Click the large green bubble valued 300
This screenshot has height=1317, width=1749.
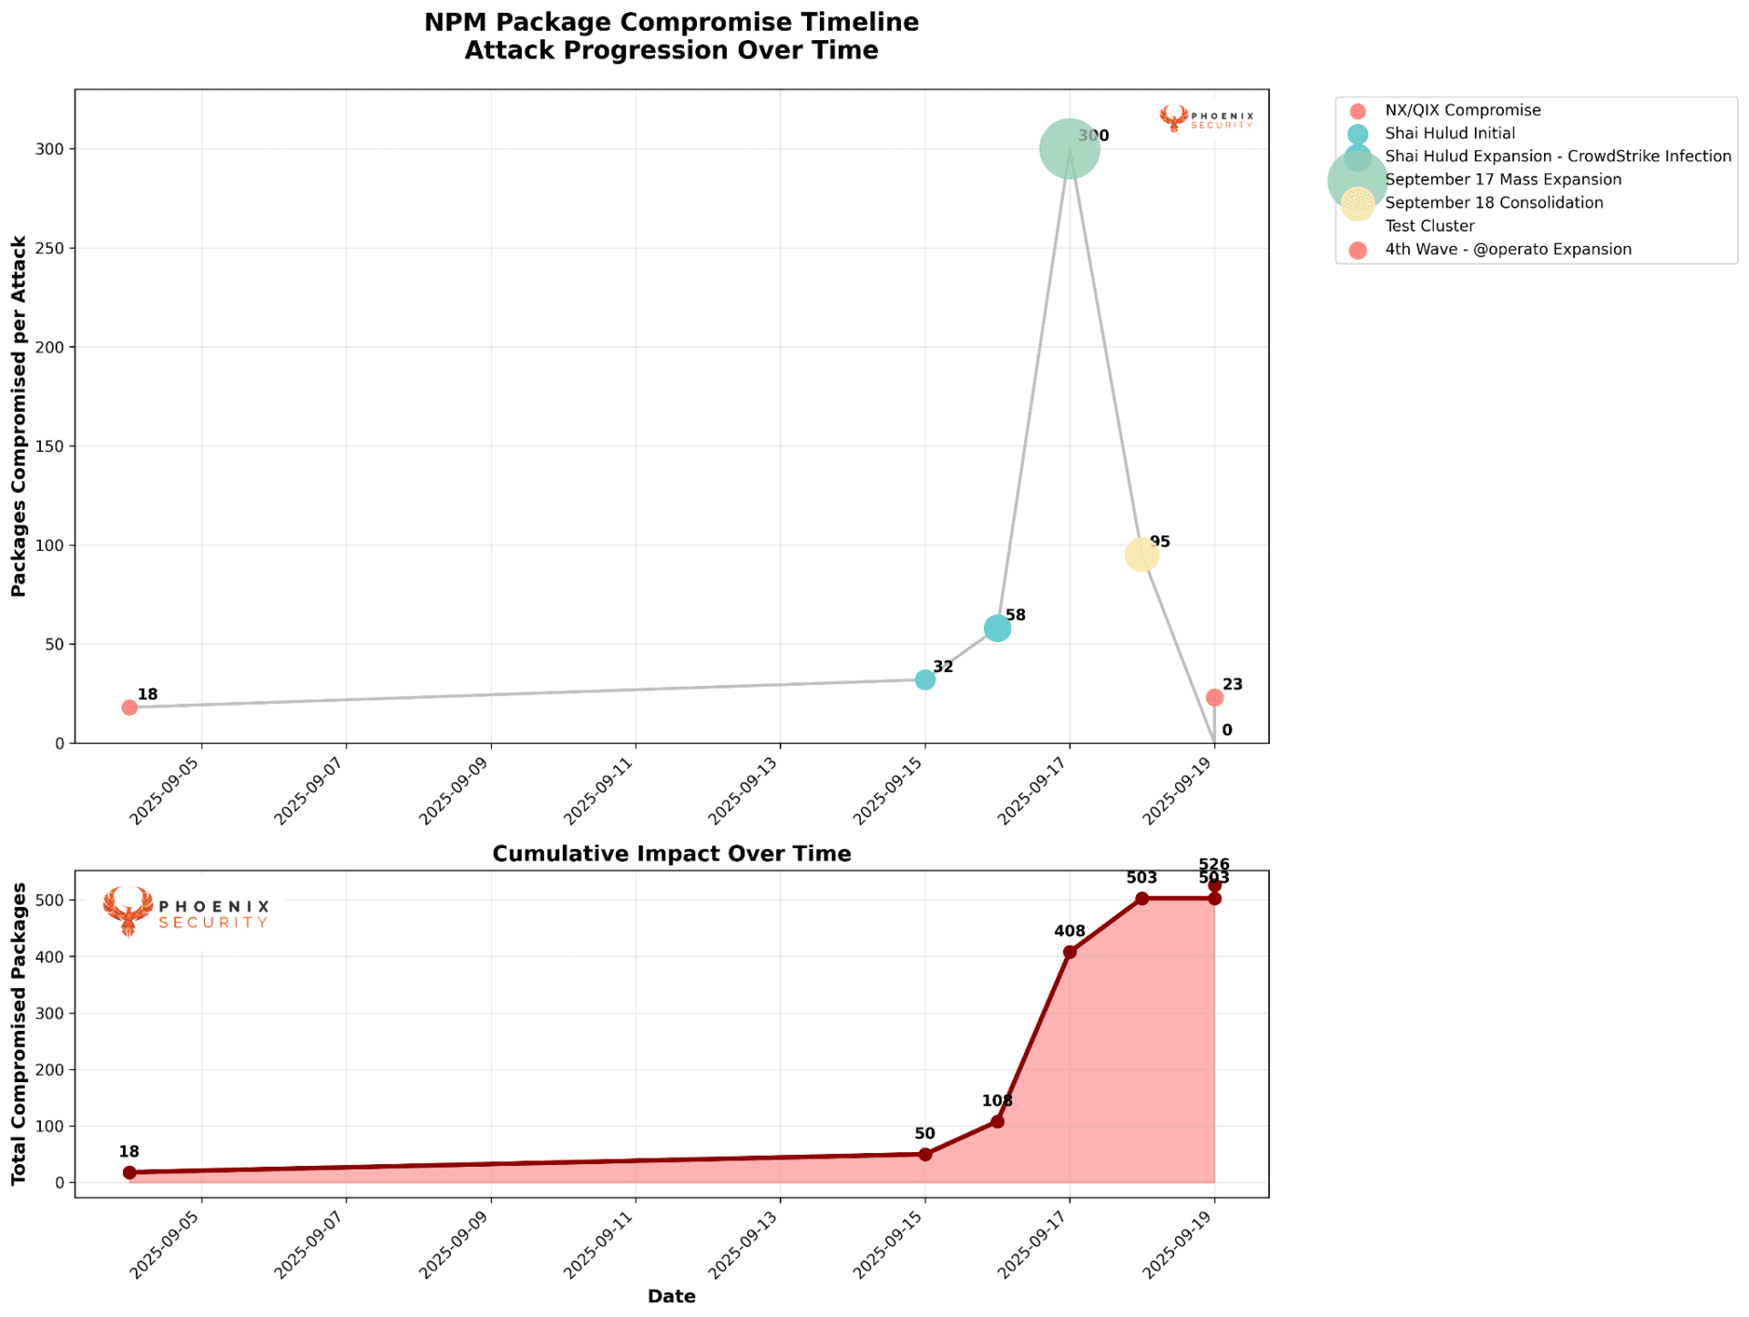[x=1069, y=148]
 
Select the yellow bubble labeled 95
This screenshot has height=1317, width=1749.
[x=1141, y=554]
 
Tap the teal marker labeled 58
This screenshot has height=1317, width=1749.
[x=997, y=628]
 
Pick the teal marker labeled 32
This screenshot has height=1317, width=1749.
[x=925, y=679]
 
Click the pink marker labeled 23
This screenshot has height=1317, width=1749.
[x=1214, y=698]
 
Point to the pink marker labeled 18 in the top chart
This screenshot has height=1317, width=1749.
[x=129, y=707]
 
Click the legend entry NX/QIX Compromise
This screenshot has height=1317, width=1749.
[x=1462, y=110]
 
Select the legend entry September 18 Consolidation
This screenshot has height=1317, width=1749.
[x=1493, y=203]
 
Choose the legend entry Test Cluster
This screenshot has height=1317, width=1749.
[x=1429, y=226]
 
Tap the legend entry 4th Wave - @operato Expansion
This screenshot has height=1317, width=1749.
[x=1508, y=250]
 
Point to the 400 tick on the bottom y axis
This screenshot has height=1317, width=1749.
[x=52, y=956]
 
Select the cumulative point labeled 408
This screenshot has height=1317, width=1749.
[x=1069, y=952]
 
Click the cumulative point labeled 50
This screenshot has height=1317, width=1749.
[x=925, y=1154]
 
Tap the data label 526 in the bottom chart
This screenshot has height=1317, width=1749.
[x=1214, y=864]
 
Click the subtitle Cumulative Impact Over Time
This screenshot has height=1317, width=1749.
[x=671, y=853]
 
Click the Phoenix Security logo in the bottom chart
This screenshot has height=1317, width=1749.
[x=187, y=912]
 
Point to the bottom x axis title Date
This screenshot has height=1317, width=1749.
[x=671, y=1296]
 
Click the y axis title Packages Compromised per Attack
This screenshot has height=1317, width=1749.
[x=19, y=416]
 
